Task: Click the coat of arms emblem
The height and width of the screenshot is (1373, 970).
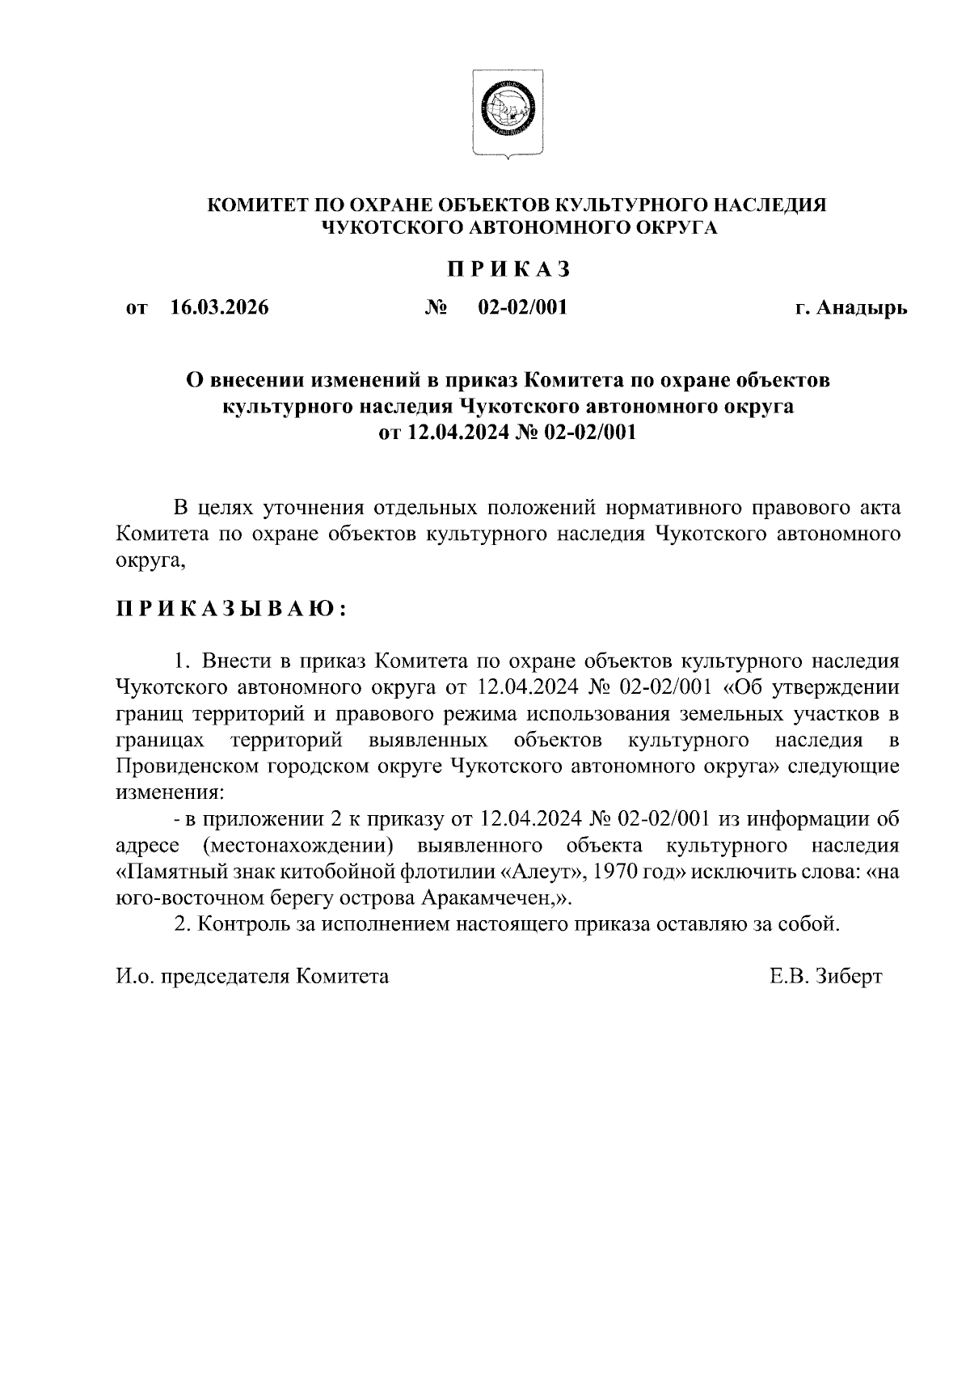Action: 508,112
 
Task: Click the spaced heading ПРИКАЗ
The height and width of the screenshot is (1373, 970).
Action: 509,269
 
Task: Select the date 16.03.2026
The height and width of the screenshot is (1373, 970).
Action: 220,308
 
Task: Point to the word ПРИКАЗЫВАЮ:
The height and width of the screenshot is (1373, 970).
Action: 230,609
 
